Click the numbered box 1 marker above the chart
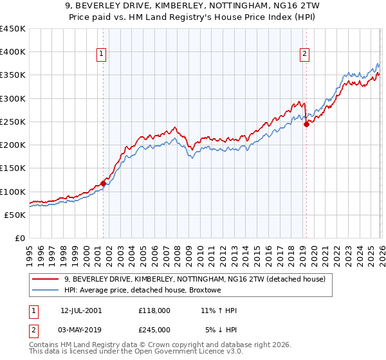(102, 55)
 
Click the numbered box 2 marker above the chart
(304, 55)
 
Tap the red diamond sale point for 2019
(306, 124)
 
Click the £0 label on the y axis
(20, 238)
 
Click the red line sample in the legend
(46, 279)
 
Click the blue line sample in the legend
(46, 291)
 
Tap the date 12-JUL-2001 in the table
(81, 310)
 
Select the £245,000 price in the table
(154, 329)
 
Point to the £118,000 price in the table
(154, 310)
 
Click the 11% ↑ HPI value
(219, 310)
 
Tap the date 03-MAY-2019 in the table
(82, 329)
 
